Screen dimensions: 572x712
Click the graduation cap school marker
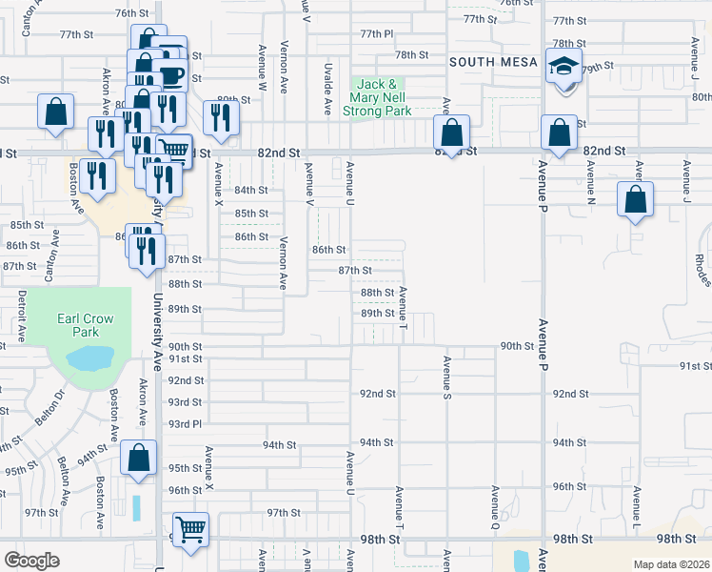pos(562,66)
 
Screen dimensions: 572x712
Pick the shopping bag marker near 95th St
pos(139,458)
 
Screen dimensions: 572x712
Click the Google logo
pos(31,561)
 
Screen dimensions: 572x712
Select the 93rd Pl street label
pos(185,423)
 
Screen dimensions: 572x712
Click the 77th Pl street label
pos(376,33)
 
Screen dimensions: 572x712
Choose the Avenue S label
pos(445,378)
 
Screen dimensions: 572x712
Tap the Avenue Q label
pos(495,507)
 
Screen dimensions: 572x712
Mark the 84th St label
pos(251,190)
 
